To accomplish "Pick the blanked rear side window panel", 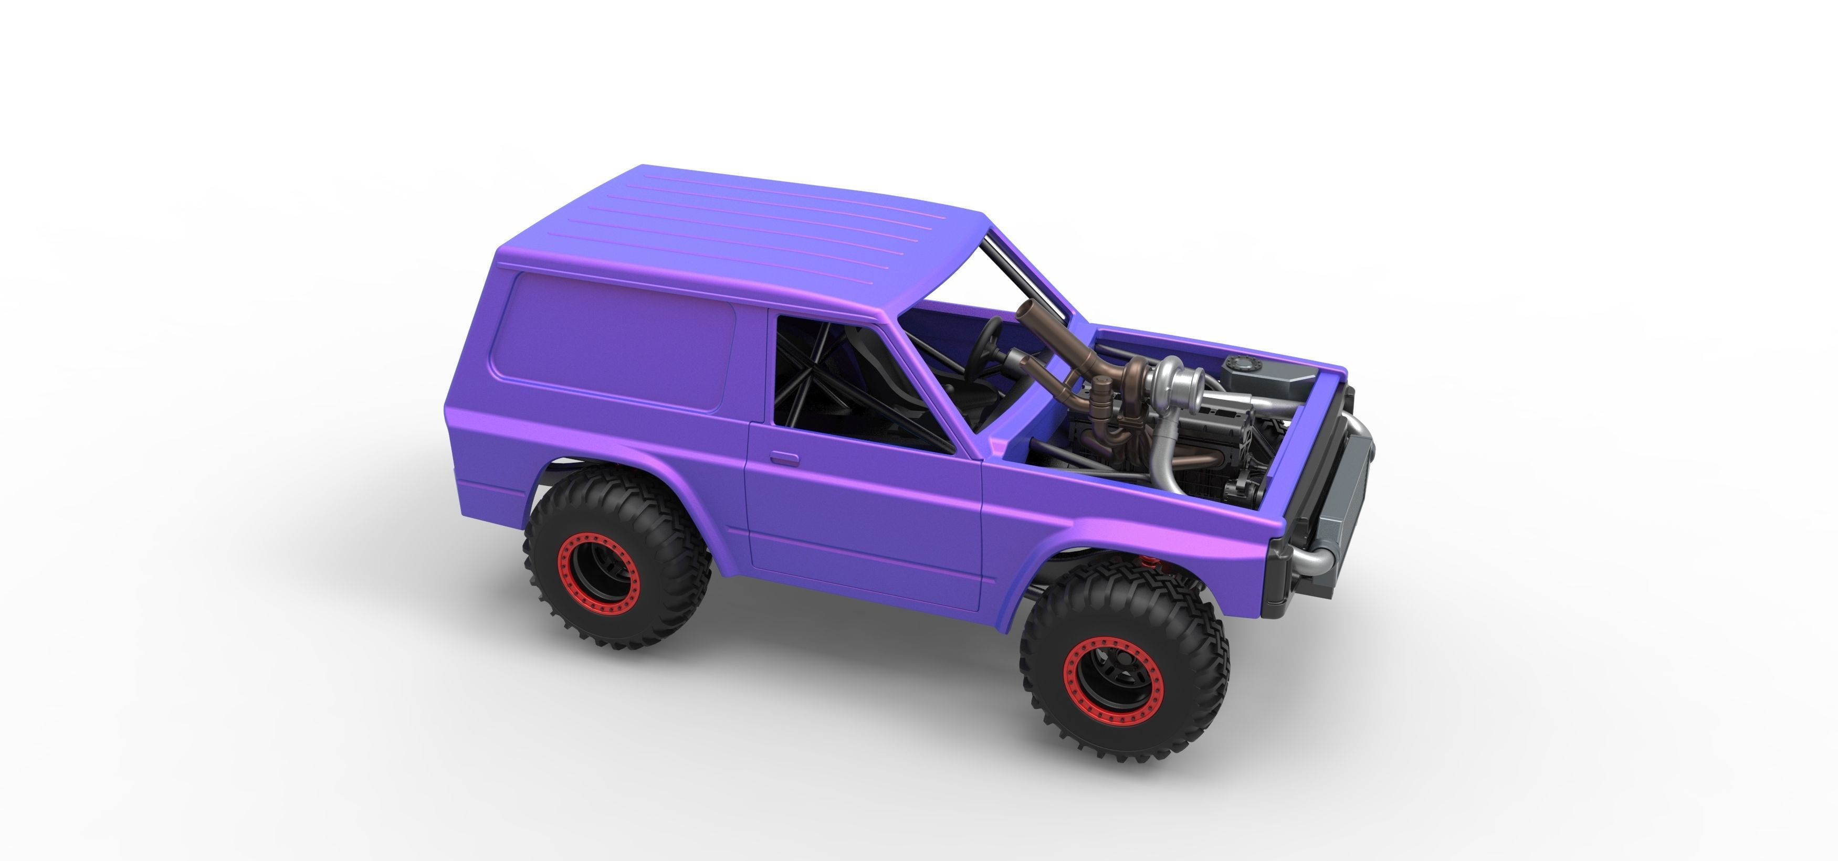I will pyautogui.click(x=614, y=339).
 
